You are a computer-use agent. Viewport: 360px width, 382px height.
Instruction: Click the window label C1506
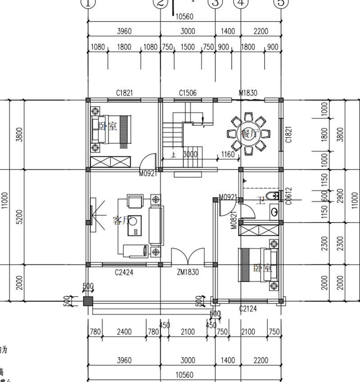187,93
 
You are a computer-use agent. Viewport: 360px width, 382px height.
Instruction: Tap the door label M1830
248,93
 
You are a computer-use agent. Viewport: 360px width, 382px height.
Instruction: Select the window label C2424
124,272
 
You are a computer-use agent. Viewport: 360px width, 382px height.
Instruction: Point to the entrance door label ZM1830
188,272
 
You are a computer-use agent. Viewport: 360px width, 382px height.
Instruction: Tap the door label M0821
234,220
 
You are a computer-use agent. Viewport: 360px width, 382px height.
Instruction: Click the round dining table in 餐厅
248,133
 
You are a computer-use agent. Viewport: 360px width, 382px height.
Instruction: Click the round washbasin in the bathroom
274,211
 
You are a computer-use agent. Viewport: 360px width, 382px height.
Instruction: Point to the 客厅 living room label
121,220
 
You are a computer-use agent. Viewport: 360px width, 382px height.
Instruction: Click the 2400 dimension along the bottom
124,332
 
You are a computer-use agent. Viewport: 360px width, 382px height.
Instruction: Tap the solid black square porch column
88,301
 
